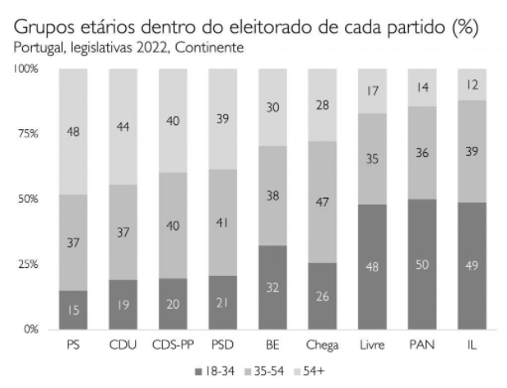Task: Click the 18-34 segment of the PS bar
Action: (x=72, y=310)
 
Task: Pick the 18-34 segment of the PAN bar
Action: (x=421, y=265)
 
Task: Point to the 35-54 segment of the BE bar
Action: (x=271, y=195)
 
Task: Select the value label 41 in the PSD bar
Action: (x=222, y=221)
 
